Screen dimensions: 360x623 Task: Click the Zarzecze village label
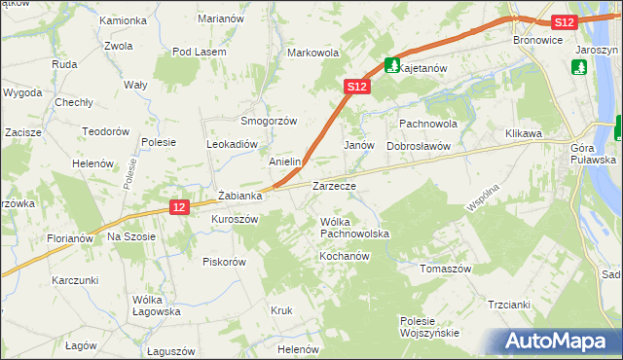pyautogui.click(x=334, y=185)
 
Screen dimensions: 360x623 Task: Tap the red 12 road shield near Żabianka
pyautogui.click(x=178, y=207)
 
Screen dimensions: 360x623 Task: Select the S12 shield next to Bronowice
pyautogui.click(x=563, y=22)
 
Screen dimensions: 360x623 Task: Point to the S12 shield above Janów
pyautogui.click(x=356, y=87)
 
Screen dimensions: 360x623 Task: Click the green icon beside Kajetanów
pyautogui.click(x=391, y=65)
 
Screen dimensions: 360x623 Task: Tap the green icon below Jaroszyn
pyautogui.click(x=580, y=67)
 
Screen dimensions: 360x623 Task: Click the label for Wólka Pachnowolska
pyautogui.click(x=354, y=228)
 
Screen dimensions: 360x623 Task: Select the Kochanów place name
pyautogui.click(x=342, y=255)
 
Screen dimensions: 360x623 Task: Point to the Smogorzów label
pyautogui.click(x=269, y=121)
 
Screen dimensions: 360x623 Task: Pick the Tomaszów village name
pyautogui.click(x=445, y=269)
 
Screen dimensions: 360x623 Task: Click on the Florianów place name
pyautogui.click(x=69, y=237)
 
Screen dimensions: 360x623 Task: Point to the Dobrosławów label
pyautogui.click(x=421, y=146)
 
